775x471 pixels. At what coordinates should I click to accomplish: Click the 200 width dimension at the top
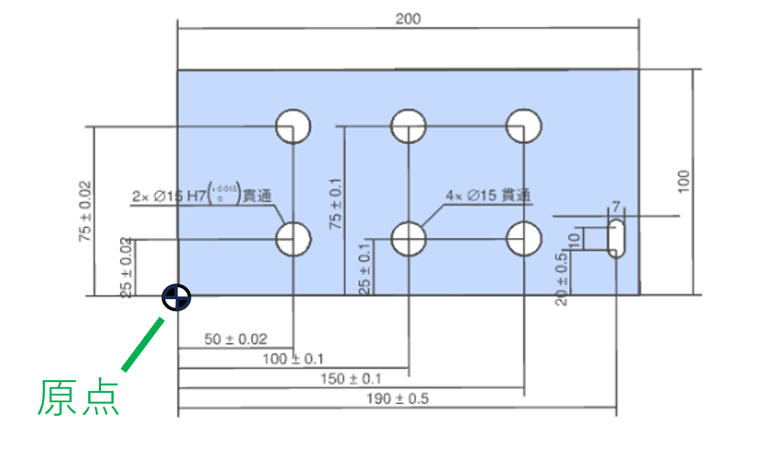click(408, 19)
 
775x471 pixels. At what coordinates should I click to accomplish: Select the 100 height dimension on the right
click(683, 182)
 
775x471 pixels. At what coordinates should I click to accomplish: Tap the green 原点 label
click(79, 398)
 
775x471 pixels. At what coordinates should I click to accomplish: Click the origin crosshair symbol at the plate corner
click(176, 297)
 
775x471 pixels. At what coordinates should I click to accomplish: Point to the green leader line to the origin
click(143, 344)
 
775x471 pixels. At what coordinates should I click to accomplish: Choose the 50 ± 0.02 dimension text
click(236, 339)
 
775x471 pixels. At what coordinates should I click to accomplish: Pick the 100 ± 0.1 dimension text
click(293, 358)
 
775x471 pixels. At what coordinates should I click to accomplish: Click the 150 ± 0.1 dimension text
click(351, 379)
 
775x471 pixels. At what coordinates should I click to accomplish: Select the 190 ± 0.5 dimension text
click(397, 398)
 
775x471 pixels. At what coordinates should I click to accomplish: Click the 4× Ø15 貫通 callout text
click(488, 195)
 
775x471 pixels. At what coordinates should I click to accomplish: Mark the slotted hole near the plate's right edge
click(616, 238)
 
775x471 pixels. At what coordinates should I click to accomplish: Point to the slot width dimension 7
click(616, 206)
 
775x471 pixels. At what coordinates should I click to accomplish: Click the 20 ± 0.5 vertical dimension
click(561, 280)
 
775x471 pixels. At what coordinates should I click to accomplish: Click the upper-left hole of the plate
click(293, 126)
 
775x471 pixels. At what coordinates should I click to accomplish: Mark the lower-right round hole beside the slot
click(524, 239)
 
